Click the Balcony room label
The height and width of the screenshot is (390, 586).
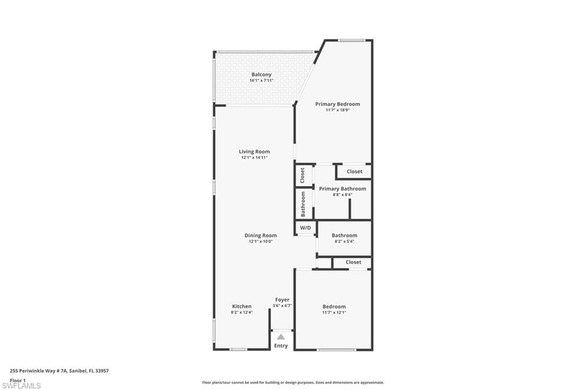pyautogui.click(x=261, y=75)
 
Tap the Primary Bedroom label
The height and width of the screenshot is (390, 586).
pyautogui.click(x=338, y=104)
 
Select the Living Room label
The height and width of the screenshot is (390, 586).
pyautogui.click(x=254, y=152)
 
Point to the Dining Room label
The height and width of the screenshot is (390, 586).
pyautogui.click(x=260, y=236)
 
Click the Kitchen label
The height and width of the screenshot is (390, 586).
pyautogui.click(x=242, y=307)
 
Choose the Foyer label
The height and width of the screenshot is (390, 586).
pyautogui.click(x=282, y=300)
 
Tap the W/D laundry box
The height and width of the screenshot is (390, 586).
pyautogui.click(x=306, y=228)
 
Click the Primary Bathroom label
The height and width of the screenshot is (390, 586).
pyautogui.click(x=342, y=189)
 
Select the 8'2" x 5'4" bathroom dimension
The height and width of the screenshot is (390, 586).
pyautogui.click(x=345, y=241)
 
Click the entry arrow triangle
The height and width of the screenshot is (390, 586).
pyautogui.click(x=280, y=337)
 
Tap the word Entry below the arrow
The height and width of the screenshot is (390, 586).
pyautogui.click(x=280, y=346)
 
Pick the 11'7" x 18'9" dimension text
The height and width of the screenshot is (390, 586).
pyautogui.click(x=338, y=110)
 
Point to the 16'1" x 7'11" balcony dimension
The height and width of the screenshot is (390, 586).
pyautogui.click(x=261, y=80)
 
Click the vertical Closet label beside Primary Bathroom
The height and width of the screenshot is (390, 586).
pyautogui.click(x=302, y=175)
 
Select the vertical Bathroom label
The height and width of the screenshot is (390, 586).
pyautogui.click(x=303, y=204)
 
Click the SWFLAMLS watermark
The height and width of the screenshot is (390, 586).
pyautogui.click(x=21, y=385)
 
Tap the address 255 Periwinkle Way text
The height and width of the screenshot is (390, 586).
pyautogui.click(x=60, y=371)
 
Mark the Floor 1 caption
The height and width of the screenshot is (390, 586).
pyautogui.click(x=18, y=380)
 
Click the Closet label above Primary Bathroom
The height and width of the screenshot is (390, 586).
pyautogui.click(x=354, y=172)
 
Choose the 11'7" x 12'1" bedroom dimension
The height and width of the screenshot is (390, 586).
pyautogui.click(x=334, y=313)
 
